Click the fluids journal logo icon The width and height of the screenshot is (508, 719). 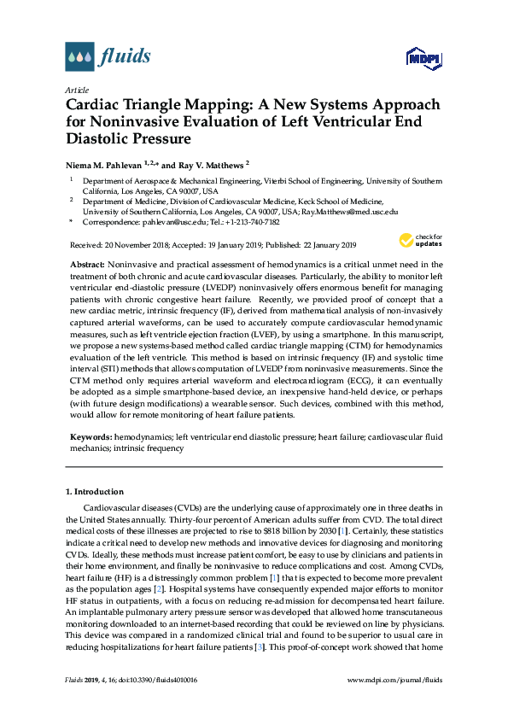click(79, 57)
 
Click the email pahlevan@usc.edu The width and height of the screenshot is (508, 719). click(161, 221)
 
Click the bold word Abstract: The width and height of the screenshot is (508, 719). click(88, 266)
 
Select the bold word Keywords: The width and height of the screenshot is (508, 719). click(91, 435)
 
